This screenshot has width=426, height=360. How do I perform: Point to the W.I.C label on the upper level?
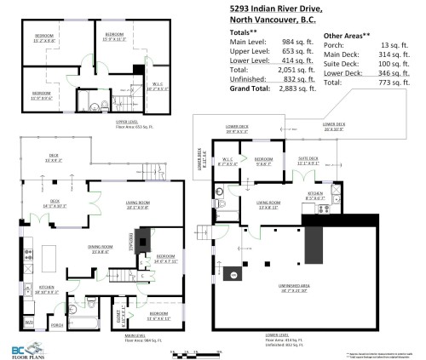[x=158, y=83]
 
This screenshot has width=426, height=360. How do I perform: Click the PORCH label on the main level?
[x=57, y=323]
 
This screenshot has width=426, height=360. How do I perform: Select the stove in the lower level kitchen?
[x=322, y=208]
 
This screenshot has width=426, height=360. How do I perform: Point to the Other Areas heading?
[x=347, y=36]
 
